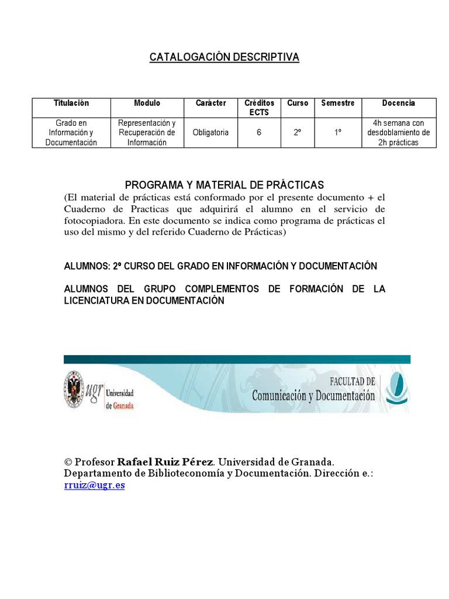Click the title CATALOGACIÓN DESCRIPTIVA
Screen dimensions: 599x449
point(224,57)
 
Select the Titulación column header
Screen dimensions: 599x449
point(71,103)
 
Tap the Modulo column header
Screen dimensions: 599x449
point(147,103)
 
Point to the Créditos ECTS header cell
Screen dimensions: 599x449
point(259,107)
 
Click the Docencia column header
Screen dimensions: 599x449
point(399,103)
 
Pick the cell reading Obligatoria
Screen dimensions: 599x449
point(210,133)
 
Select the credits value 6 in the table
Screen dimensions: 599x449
point(259,133)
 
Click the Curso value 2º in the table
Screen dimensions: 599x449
point(298,133)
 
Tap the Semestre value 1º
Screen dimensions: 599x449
point(338,133)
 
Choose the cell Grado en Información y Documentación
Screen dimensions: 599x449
point(71,133)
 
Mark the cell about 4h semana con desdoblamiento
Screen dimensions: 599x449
point(399,133)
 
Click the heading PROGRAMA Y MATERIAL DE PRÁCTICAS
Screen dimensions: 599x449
point(224,185)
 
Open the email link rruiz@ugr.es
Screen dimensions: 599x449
point(94,486)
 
